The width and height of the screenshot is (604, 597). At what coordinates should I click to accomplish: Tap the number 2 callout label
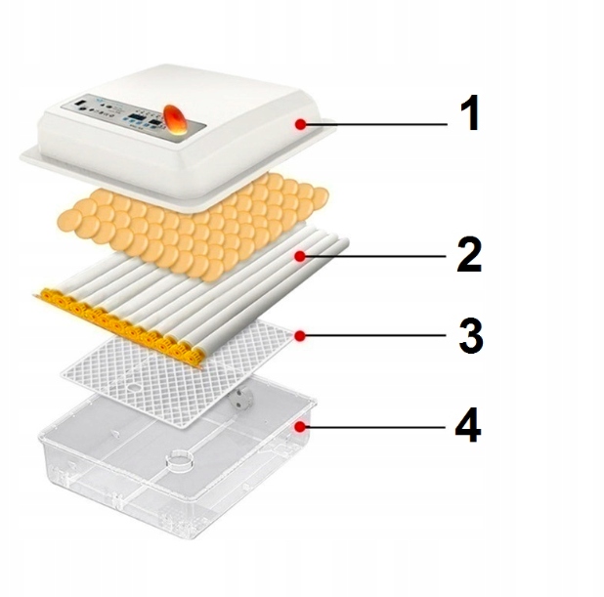[469, 255]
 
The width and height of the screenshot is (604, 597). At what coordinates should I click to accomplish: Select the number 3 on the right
[471, 335]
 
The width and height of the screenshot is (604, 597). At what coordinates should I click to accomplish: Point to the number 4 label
[468, 425]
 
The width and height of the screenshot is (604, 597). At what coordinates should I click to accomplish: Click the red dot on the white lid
[301, 124]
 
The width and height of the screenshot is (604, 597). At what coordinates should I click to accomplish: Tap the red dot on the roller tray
[300, 256]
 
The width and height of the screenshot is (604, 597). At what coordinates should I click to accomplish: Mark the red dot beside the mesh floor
[300, 336]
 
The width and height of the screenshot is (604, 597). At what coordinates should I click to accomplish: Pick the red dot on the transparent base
[300, 426]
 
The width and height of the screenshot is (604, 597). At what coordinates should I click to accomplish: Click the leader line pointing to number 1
[376, 124]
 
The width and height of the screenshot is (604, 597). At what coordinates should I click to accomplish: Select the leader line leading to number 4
[375, 427]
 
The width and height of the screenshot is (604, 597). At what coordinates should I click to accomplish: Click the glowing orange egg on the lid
[175, 119]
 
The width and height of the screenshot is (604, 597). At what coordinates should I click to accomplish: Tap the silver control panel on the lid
[133, 118]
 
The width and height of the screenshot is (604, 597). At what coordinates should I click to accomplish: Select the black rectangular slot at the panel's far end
[81, 104]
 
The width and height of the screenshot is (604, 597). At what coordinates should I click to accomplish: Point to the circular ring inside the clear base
[179, 460]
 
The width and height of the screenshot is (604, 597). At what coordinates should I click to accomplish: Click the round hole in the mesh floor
[134, 387]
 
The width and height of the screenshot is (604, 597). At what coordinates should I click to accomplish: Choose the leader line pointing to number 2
[376, 256]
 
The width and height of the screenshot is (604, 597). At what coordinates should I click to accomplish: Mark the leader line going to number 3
[376, 336]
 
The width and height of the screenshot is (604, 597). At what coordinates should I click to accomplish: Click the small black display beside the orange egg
[156, 123]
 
